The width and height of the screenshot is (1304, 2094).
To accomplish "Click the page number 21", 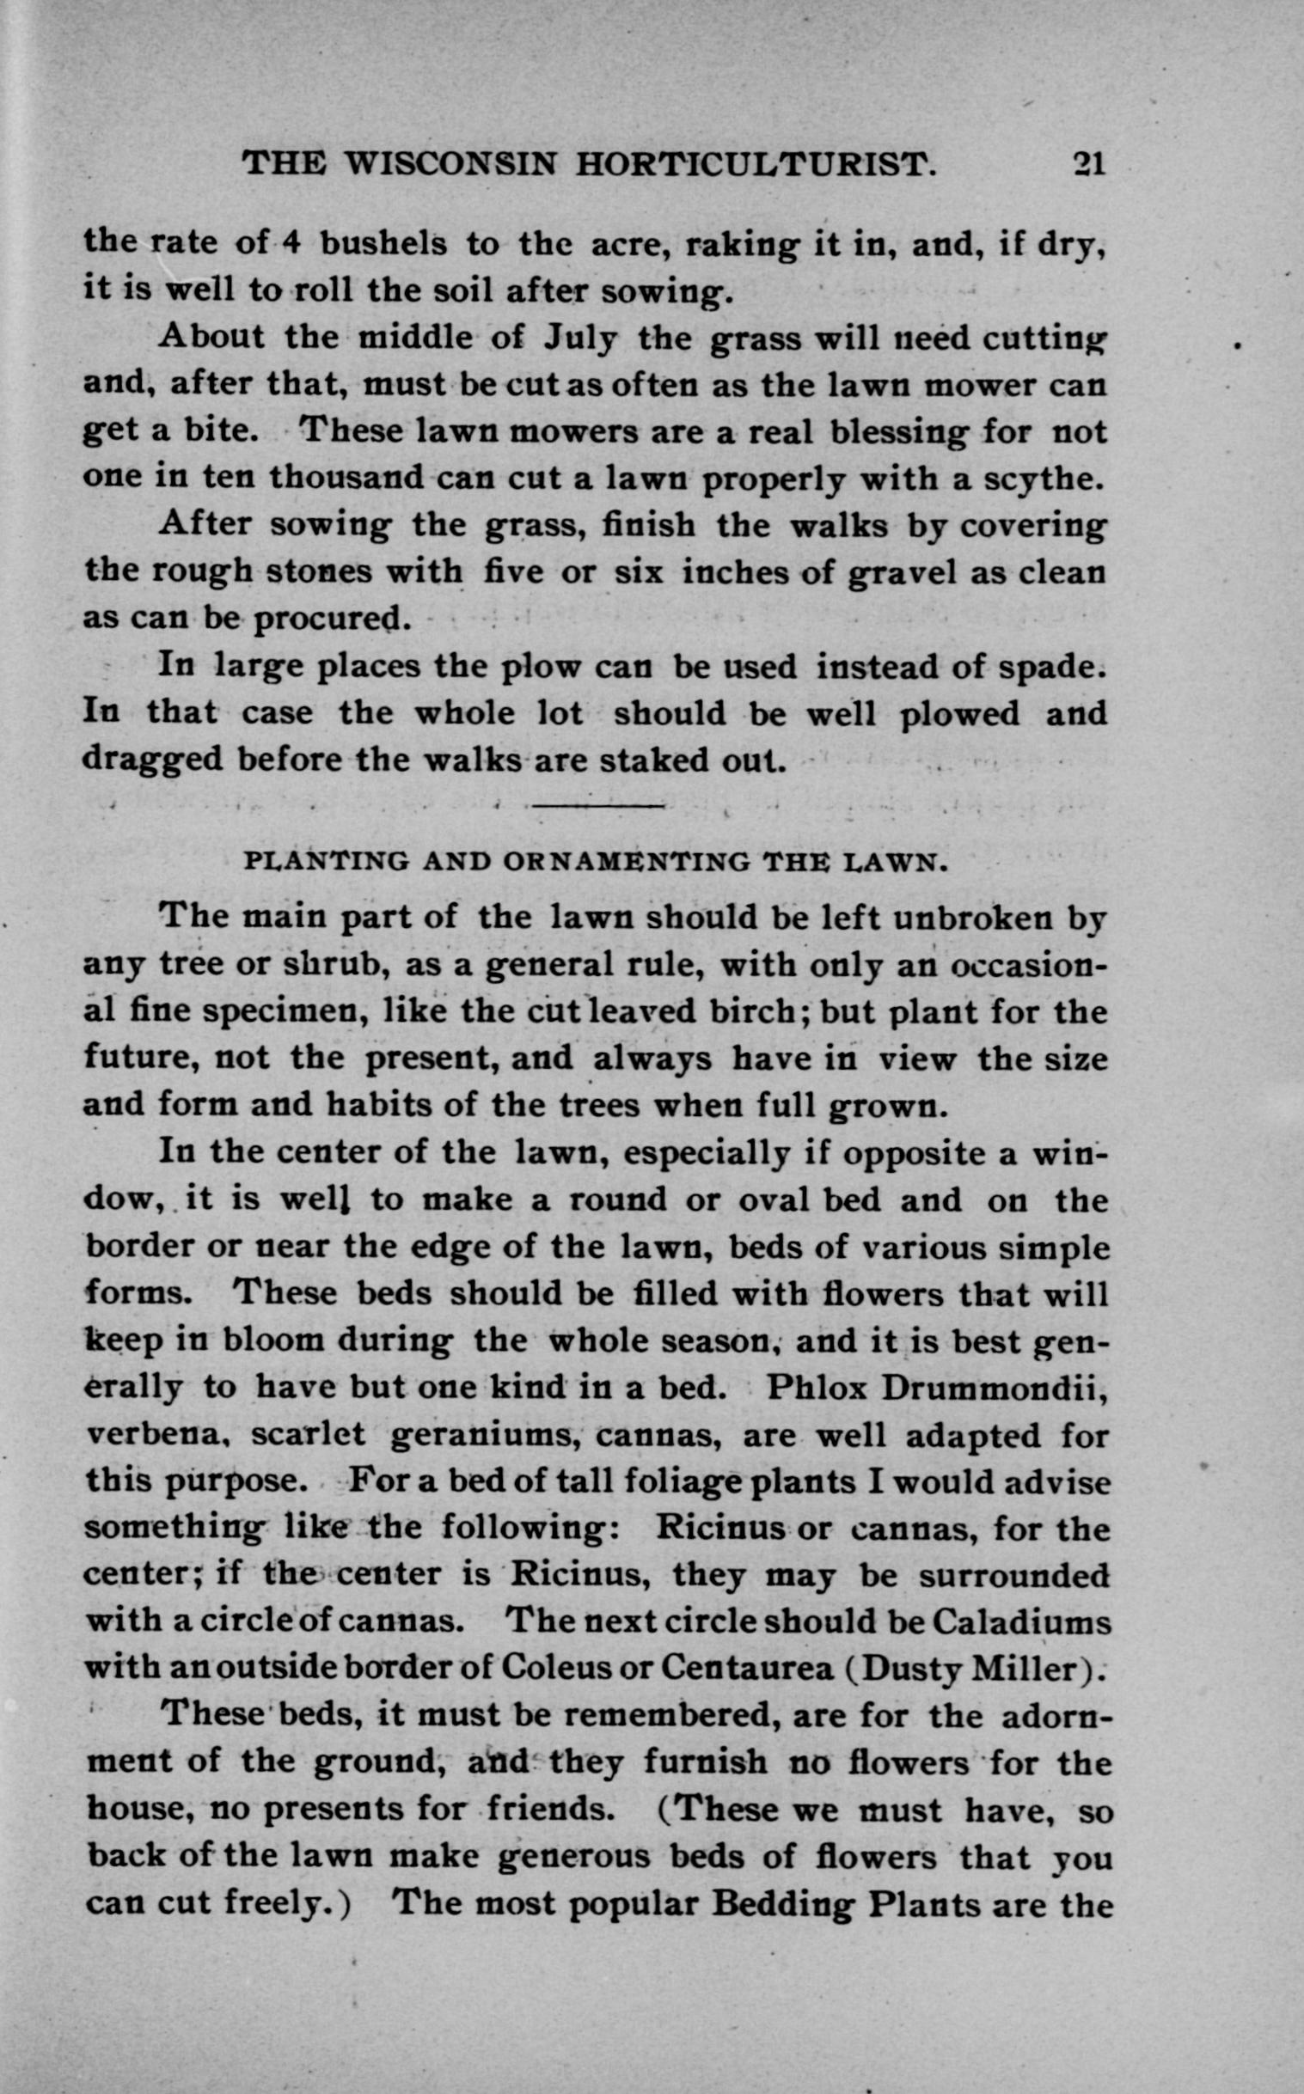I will [1087, 163].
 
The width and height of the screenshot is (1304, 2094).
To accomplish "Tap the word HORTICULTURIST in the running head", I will [756, 163].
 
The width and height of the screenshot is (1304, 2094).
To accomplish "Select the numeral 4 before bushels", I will [291, 243].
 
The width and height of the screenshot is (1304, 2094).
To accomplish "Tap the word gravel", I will [902, 572].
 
